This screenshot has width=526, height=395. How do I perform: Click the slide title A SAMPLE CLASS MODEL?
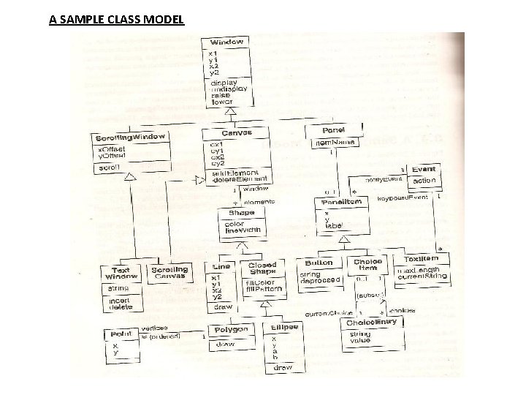coord(117,19)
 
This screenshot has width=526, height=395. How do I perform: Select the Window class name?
coord(227,42)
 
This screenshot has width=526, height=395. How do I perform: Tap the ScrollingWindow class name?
coord(131,138)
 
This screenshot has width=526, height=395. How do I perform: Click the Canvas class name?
coord(236,133)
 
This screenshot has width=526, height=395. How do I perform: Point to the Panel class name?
coord(333,129)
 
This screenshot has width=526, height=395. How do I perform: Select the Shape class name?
coord(241,213)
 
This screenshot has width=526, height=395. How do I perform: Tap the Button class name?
coord(319,263)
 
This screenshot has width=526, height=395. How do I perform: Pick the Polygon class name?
coord(230,330)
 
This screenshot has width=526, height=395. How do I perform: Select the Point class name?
coord(121,334)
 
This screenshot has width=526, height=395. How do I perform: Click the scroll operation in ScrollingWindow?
coord(108,168)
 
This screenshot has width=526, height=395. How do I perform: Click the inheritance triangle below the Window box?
coord(230,110)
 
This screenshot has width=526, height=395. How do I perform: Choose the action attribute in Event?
coord(424,180)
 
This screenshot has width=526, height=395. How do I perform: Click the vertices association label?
coord(155,328)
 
